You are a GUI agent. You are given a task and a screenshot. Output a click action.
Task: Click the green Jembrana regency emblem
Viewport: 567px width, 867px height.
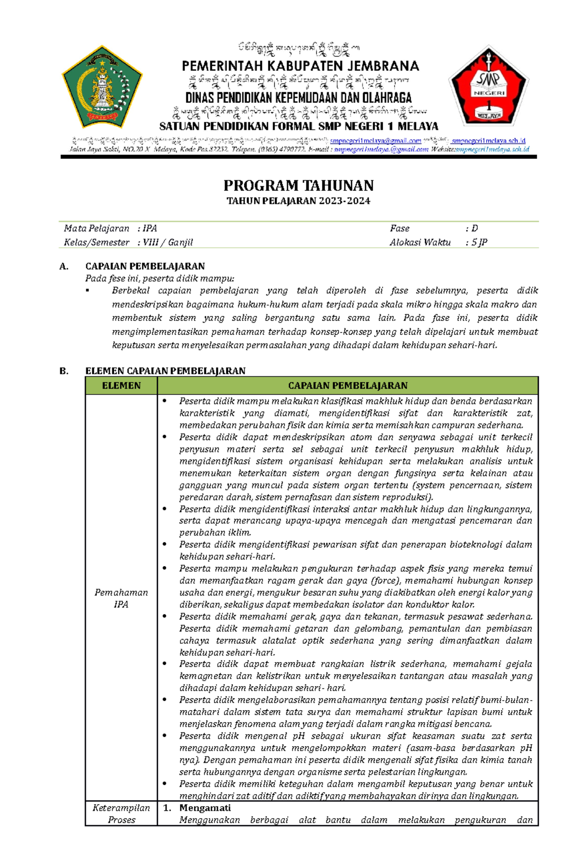[102, 87]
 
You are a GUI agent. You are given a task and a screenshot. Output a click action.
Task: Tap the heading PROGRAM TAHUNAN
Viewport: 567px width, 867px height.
[299, 185]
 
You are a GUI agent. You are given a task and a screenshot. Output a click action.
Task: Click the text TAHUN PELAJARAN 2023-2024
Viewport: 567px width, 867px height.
[298, 201]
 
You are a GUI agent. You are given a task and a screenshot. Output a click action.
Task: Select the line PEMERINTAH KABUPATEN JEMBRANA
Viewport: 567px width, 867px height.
[301, 66]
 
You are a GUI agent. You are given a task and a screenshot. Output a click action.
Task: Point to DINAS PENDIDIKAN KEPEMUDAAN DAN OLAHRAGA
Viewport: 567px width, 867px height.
[298, 98]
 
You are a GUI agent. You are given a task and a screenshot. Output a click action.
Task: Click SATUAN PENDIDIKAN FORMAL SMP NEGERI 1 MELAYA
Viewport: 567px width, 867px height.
[299, 126]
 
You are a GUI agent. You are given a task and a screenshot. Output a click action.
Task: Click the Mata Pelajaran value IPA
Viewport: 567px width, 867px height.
[150, 229]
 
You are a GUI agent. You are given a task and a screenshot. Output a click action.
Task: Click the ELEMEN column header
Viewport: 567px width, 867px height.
[121, 386]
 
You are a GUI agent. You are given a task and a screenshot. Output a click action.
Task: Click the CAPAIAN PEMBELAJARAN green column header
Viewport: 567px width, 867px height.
[348, 386]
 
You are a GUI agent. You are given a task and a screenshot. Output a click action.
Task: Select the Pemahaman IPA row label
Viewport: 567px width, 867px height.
[121, 598]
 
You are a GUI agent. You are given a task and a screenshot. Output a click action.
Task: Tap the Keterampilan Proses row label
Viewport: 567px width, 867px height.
[121, 814]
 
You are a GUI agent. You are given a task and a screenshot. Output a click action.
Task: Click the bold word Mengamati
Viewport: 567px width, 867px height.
[205, 808]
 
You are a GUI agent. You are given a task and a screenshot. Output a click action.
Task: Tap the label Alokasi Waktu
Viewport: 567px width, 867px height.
[420, 242]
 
